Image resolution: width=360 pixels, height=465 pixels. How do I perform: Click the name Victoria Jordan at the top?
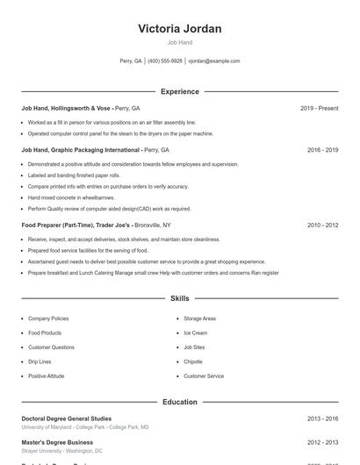coord(179,29)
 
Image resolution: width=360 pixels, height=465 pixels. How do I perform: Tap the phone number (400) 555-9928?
coord(165,61)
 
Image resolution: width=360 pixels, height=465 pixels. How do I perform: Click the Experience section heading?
coord(179,91)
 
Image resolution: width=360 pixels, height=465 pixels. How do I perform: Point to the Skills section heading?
coord(179,299)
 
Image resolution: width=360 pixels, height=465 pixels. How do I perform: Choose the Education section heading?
coord(179,402)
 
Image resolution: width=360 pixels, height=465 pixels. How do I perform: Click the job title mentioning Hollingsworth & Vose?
coord(68,108)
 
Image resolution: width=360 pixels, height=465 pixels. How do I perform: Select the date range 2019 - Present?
coord(319,108)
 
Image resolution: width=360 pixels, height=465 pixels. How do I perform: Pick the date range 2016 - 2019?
coord(322,150)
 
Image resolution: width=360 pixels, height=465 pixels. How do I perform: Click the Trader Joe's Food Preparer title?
coord(76,225)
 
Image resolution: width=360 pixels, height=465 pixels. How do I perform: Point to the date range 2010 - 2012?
coord(322,225)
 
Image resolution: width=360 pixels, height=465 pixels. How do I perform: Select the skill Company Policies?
coord(48,318)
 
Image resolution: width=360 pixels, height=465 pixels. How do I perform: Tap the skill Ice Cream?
coord(195,333)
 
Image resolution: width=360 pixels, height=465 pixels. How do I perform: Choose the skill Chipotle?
coord(193,361)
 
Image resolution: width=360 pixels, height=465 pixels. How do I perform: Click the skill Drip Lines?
coord(40,361)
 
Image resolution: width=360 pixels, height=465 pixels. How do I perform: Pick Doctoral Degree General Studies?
coord(67,419)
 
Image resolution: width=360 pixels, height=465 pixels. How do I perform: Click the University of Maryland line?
coord(85,427)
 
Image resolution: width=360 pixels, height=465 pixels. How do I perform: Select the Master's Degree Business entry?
coord(57,443)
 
